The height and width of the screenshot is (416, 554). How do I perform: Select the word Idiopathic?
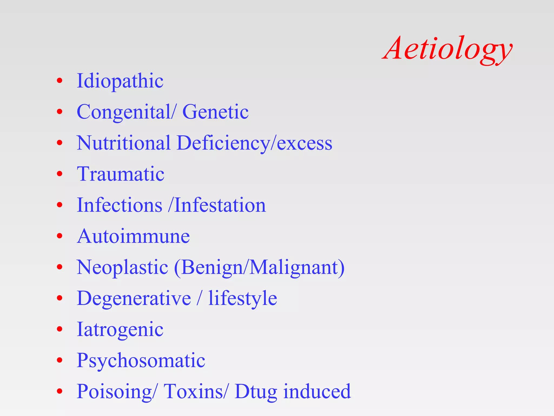(x=120, y=81)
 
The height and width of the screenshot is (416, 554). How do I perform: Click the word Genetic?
(x=215, y=112)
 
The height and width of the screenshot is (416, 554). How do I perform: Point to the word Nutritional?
(x=123, y=143)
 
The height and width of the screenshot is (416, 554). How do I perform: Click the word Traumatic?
(x=121, y=174)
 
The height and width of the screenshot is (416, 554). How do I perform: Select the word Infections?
(x=120, y=205)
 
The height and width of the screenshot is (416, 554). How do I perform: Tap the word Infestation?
(x=220, y=205)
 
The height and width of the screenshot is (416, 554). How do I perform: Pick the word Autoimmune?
(x=133, y=236)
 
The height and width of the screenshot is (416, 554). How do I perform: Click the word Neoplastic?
(x=122, y=268)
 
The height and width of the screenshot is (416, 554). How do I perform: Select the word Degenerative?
(x=134, y=298)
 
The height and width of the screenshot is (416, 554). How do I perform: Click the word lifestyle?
(x=242, y=298)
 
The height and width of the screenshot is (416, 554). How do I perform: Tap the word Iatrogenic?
(x=120, y=330)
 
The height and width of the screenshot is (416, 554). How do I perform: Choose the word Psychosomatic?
(x=141, y=361)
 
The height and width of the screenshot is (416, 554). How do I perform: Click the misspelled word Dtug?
(x=256, y=392)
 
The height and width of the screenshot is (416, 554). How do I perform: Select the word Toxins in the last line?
(x=193, y=391)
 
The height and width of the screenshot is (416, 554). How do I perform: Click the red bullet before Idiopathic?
(x=60, y=81)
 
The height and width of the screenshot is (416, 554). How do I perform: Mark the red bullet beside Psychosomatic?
(x=60, y=360)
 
